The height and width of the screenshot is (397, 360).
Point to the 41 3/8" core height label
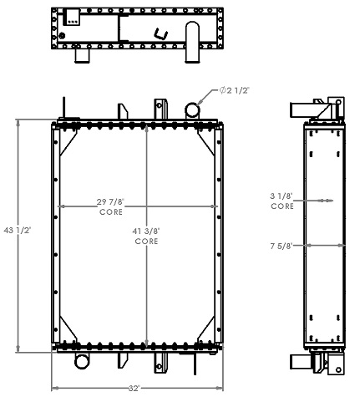pyautogui.click(x=147, y=231)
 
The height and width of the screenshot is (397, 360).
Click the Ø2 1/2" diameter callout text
pyautogui.click(x=236, y=90)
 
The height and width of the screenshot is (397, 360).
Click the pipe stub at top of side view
pyautogui.click(x=300, y=109)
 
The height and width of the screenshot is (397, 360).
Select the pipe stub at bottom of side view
pyautogui.click(x=300, y=361)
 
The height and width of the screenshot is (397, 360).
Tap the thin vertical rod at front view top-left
pyautogui.click(x=62, y=111)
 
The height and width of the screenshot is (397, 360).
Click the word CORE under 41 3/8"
pyautogui.click(x=147, y=241)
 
